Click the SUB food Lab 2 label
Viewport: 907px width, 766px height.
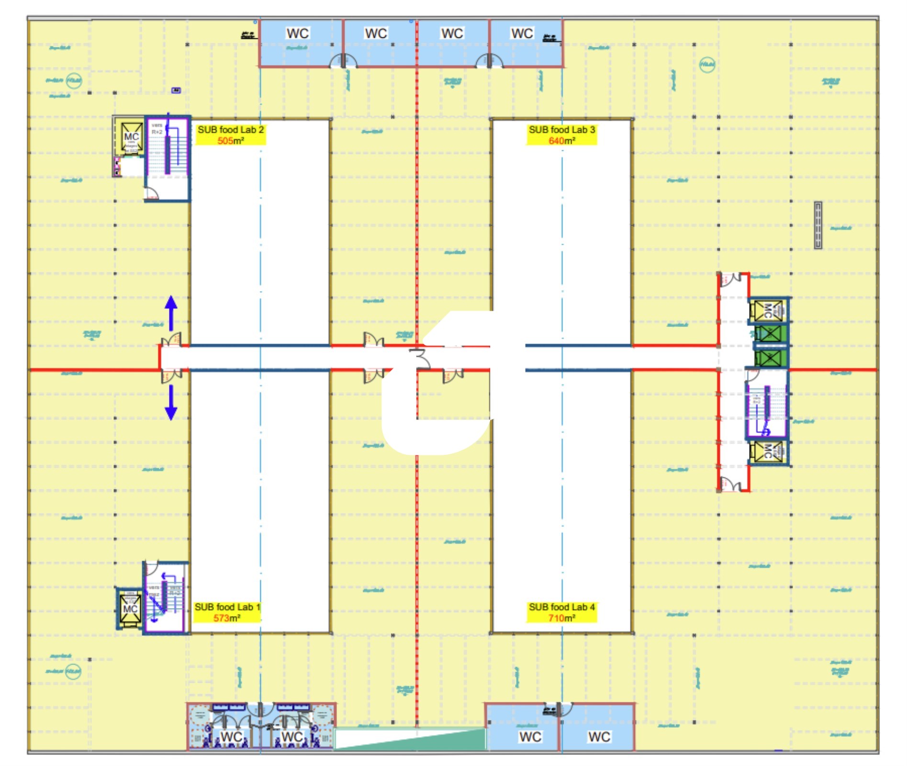click(x=231, y=130)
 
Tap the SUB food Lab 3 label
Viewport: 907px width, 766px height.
click(x=561, y=130)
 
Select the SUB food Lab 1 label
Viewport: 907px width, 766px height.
click(x=227, y=607)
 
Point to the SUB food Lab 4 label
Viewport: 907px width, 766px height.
click(x=561, y=607)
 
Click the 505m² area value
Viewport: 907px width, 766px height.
click(x=231, y=141)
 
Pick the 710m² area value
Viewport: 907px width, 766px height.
click(x=561, y=618)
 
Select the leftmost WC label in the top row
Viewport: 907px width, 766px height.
click(x=297, y=34)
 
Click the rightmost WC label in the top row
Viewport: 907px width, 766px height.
click(x=522, y=34)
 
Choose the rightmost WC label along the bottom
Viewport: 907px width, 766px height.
click(x=599, y=737)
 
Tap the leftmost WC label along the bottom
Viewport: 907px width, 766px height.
click(x=231, y=737)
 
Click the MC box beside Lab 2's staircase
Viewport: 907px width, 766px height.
click(x=131, y=137)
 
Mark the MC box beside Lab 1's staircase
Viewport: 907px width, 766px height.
click(x=130, y=609)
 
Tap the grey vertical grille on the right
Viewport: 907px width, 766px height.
click(x=818, y=225)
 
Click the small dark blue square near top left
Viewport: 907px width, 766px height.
click(x=176, y=90)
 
